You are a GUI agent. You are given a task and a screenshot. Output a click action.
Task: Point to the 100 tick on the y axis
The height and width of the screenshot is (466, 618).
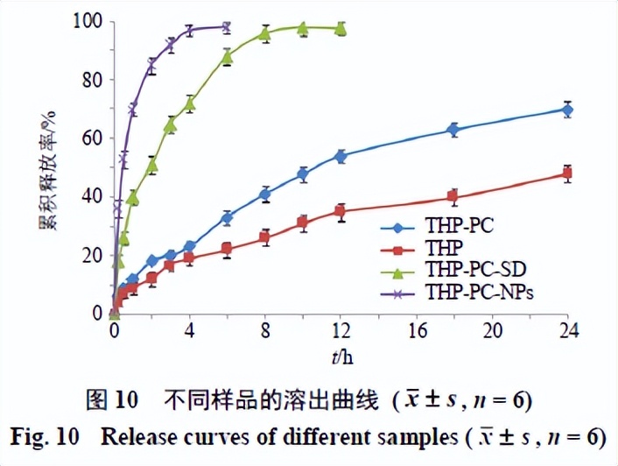90,21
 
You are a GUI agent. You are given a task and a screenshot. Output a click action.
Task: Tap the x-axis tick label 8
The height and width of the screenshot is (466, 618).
265,331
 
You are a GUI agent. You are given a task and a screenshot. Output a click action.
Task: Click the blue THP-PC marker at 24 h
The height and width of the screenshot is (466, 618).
567,109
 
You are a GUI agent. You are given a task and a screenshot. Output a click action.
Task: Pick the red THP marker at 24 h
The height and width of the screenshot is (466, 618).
567,173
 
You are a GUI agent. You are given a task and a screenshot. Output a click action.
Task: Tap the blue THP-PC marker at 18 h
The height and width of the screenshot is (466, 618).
453,130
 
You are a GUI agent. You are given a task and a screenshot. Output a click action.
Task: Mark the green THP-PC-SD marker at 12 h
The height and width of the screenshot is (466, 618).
341,29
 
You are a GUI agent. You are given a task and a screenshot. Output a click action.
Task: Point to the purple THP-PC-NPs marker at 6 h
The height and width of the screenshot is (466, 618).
227,27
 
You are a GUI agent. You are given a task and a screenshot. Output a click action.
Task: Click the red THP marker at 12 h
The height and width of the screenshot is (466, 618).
341,211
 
